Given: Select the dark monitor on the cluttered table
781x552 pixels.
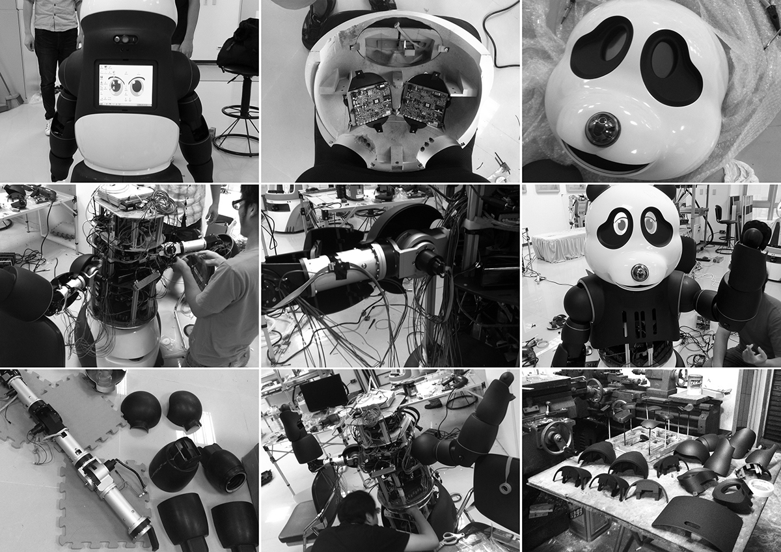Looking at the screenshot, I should pos(323,393).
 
